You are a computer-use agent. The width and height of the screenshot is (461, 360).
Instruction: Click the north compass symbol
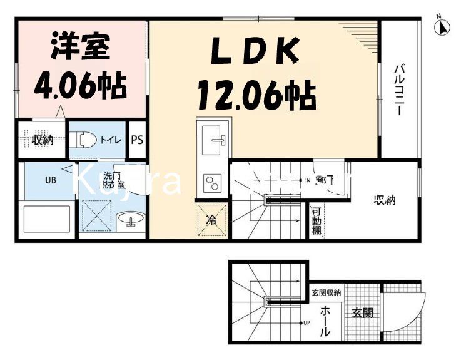pos(443,27)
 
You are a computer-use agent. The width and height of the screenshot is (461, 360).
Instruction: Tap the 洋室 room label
pos(79,47)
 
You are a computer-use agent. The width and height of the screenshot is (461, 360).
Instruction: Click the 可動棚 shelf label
pos(317,221)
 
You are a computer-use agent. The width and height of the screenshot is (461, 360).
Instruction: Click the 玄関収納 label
pos(326,292)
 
